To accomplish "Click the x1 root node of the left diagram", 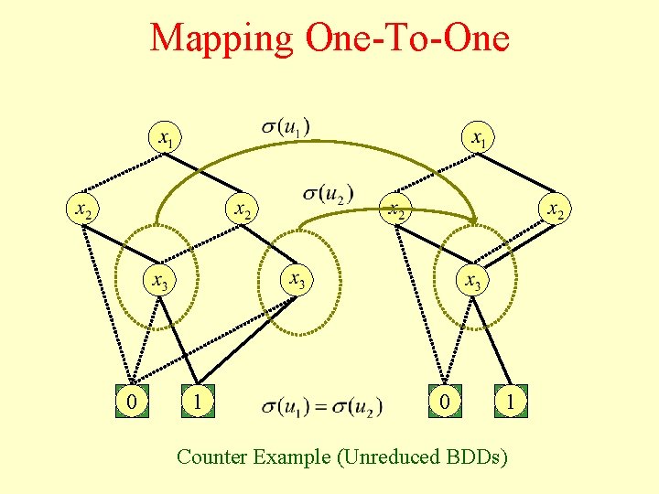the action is [x=165, y=140].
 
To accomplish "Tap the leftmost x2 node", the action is [x=83, y=209].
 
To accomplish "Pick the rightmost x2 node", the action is [x=554, y=209].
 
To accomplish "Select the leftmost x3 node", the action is [x=160, y=280].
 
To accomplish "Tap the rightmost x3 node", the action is [x=471, y=280].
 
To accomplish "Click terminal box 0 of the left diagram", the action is [x=133, y=400].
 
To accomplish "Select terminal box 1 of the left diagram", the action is [x=198, y=400].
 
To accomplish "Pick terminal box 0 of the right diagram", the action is [x=444, y=400].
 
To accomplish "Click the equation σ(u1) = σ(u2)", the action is [x=322, y=405].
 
